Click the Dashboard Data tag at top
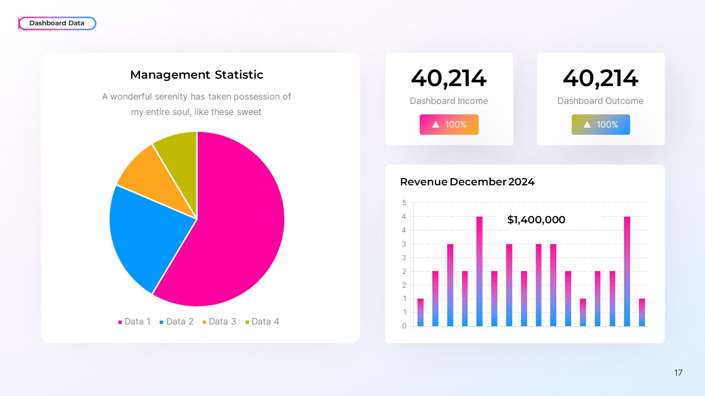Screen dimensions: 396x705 pos(57,23)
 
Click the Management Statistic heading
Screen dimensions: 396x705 pos(197,75)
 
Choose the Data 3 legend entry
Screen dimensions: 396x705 pos(219,322)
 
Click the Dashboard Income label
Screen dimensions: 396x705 pos(448,101)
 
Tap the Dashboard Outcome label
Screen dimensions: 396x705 pos(600,101)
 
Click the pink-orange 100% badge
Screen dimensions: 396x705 pos(449,125)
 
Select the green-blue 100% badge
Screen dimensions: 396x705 pos(600,125)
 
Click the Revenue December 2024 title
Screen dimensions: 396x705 pos(467,182)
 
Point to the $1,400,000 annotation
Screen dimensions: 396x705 pos(536,220)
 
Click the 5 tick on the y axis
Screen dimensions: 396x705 pos(404,203)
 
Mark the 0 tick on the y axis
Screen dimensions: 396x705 pos(404,326)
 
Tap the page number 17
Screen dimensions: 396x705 pos(678,373)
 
